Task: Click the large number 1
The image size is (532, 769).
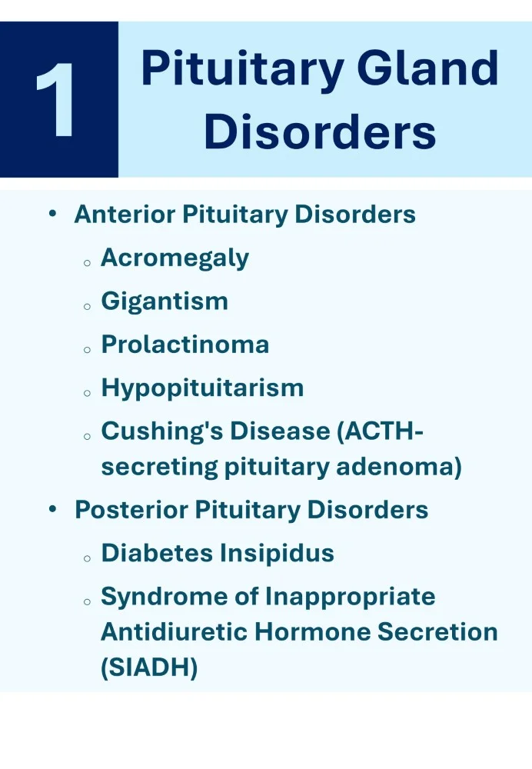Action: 58,100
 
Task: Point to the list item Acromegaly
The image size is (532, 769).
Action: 175,258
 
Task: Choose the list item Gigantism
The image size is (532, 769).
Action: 165,301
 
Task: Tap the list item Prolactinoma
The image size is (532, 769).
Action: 185,344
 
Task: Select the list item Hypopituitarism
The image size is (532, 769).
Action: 202,388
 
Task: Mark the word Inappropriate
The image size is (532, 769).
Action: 351,596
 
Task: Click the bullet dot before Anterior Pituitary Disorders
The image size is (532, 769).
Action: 52,215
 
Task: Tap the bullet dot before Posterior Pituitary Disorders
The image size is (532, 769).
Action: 52,509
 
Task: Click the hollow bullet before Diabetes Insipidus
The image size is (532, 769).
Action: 88,557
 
